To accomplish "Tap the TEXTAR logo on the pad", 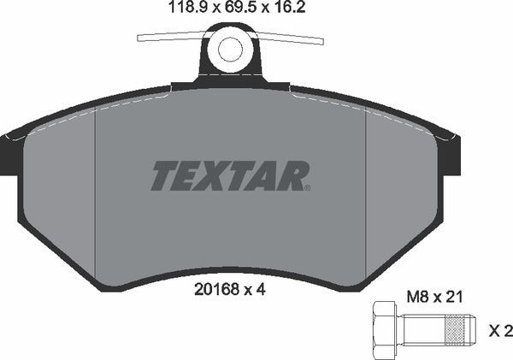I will click(230, 176).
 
